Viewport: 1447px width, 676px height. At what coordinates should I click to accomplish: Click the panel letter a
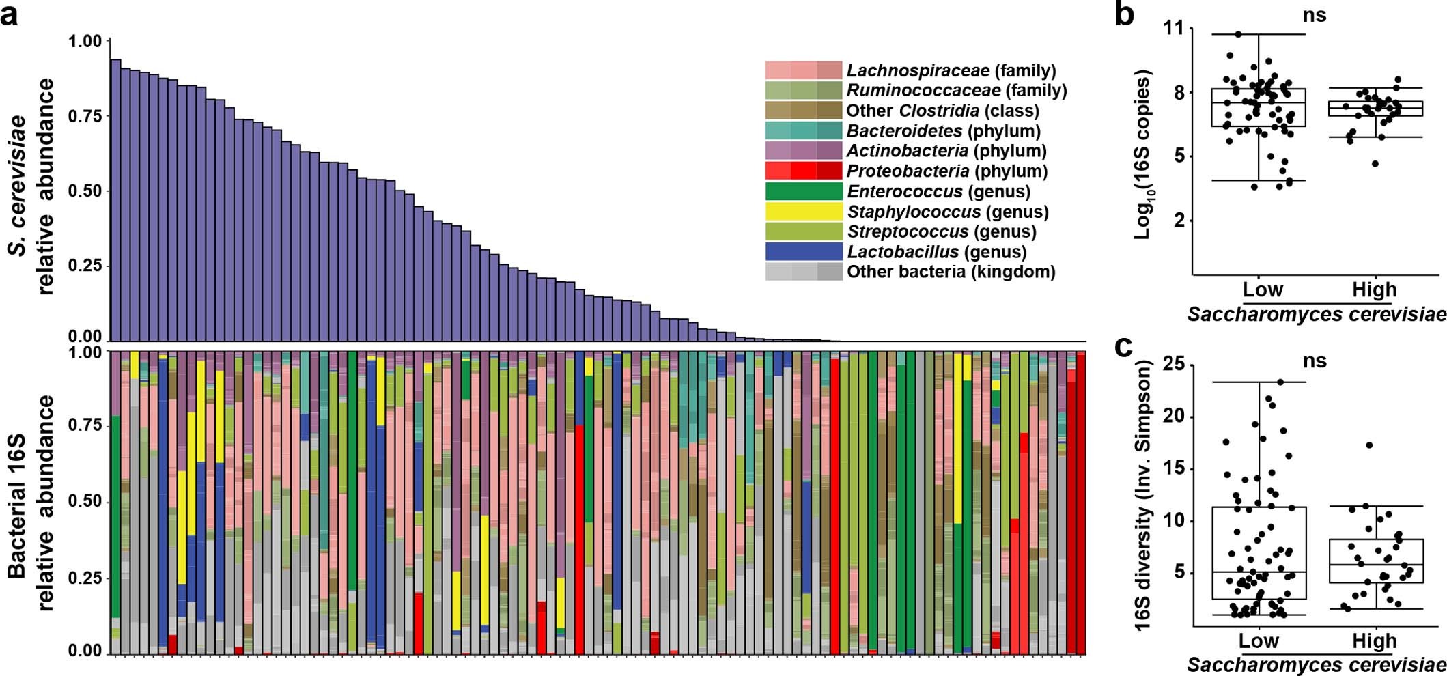[10, 15]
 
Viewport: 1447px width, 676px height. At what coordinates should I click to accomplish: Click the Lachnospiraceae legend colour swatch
[803, 70]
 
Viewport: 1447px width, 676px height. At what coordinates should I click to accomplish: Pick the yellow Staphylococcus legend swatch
[803, 212]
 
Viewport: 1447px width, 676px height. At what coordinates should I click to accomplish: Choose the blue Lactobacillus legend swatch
[803, 252]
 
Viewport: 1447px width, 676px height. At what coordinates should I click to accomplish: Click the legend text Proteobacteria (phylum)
[946, 171]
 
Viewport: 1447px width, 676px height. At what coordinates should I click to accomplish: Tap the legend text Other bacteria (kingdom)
[951, 272]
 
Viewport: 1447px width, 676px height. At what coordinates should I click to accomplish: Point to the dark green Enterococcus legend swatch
[803, 191]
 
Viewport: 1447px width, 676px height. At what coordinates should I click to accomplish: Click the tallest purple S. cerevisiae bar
[115, 198]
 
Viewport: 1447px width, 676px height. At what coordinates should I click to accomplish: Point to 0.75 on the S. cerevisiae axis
[85, 116]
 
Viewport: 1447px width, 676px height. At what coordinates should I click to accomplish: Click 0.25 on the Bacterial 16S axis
[85, 578]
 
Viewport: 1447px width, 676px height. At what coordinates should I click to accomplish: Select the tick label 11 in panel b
[1176, 29]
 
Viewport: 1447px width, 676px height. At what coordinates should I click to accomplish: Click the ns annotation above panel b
[1314, 15]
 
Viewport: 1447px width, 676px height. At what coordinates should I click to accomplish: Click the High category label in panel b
[1374, 290]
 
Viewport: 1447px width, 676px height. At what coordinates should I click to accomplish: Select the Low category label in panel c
[1258, 641]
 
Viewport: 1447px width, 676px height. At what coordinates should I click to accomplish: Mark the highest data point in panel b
[1239, 34]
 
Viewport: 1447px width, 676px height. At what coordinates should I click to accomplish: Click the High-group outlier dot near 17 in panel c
[1369, 445]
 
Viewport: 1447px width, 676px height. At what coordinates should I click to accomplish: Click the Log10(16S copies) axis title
[1142, 154]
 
